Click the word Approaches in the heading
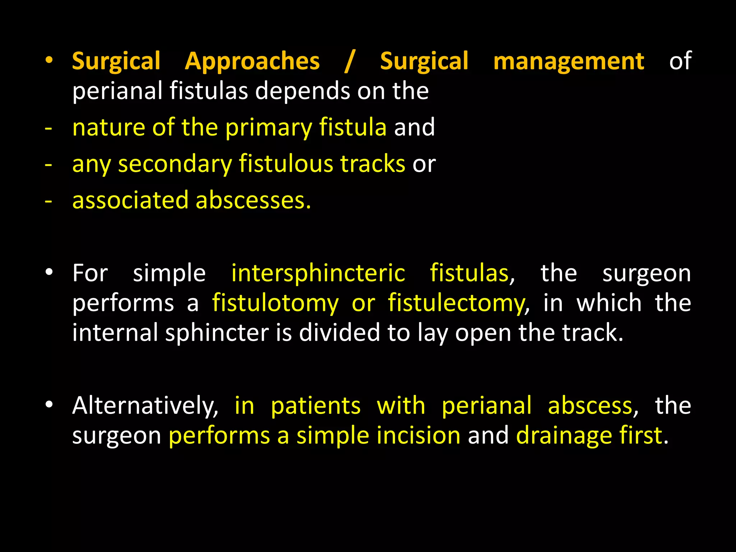(252, 61)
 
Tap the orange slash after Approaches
(349, 61)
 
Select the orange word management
(569, 61)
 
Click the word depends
(302, 91)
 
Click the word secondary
(175, 165)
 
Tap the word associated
(130, 200)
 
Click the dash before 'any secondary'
(49, 165)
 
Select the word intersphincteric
(318, 273)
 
